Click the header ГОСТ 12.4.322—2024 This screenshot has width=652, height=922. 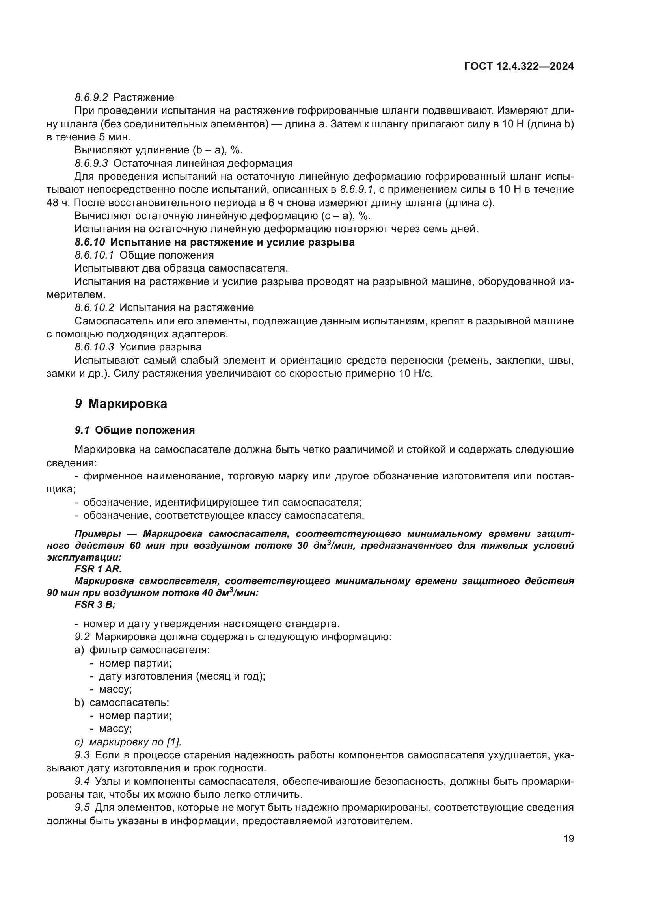coord(519,67)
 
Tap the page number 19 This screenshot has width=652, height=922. coord(568,839)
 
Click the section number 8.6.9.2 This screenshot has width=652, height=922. coord(91,98)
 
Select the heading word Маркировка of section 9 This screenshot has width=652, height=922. coord(128,404)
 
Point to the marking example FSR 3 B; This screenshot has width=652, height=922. coord(95,605)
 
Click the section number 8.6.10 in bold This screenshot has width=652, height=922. coord(90,242)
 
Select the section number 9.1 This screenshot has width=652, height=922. coord(82,430)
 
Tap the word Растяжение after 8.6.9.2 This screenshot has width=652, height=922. coord(144,98)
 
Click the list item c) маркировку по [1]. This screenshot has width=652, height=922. coord(128,742)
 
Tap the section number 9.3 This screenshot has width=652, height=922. coord(82,755)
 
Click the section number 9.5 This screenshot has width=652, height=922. coord(82,808)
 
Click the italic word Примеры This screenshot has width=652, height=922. coord(97,534)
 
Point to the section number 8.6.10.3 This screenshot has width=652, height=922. coord(94,346)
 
